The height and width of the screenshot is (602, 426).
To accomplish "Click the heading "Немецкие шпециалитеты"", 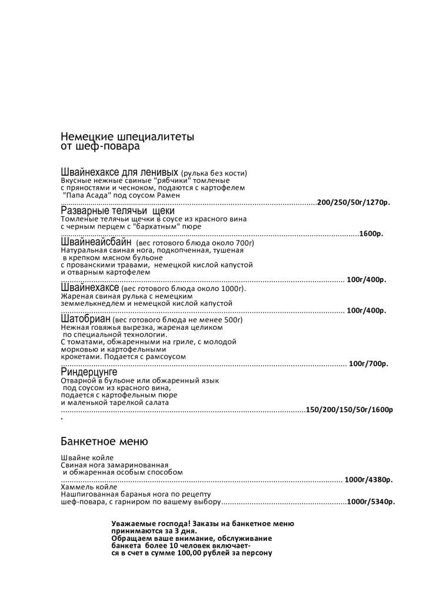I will coord(127,138).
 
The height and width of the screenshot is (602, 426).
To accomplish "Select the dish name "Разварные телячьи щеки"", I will coord(118,211).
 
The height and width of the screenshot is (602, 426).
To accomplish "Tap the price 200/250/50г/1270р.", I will coord(354,202).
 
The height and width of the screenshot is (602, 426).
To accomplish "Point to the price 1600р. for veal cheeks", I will coord(371,234).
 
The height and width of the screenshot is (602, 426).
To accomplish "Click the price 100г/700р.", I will coord(368,364).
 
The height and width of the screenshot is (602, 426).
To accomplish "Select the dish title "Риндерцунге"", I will coord(89,372).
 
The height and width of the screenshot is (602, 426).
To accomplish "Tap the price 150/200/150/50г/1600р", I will coord(350,410).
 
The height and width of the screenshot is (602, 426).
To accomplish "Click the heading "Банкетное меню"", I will coord(104,441).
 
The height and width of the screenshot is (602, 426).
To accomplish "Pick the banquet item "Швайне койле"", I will coord(87,457).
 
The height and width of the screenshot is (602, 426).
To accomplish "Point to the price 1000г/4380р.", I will coord(368,480).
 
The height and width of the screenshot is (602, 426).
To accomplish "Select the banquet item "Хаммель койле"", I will coord(89,487).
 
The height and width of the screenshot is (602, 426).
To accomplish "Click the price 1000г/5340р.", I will coord(371,503).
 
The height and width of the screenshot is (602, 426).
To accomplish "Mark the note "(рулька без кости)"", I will coord(214,173).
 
